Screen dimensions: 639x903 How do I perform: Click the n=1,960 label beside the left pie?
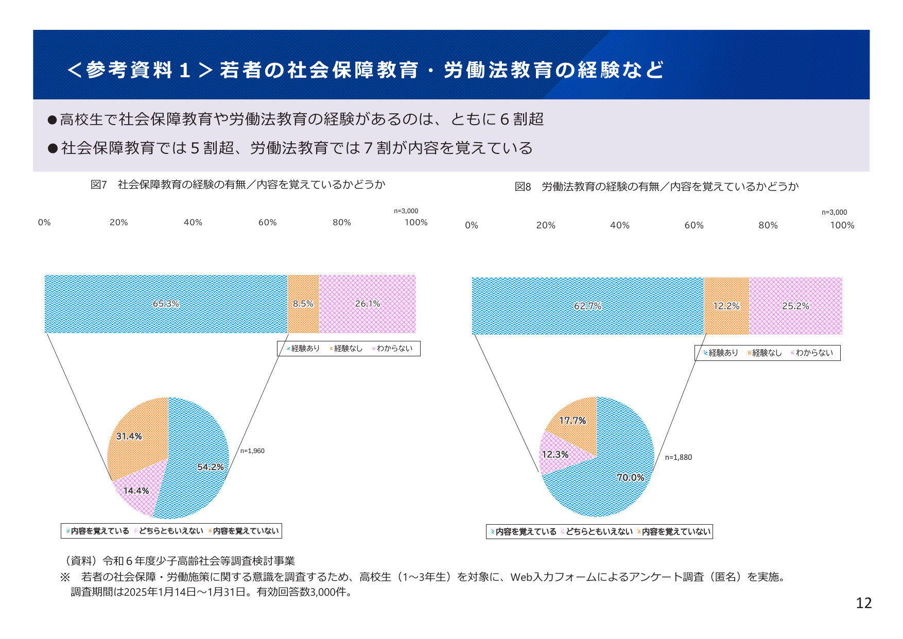252,451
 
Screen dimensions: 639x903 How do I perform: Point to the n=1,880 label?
678,457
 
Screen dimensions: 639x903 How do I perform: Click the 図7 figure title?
238,185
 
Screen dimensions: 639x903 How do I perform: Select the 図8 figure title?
656,187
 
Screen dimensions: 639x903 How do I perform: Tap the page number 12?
863,603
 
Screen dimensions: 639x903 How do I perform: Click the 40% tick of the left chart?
193,222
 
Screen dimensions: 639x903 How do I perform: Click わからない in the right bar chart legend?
814,353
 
